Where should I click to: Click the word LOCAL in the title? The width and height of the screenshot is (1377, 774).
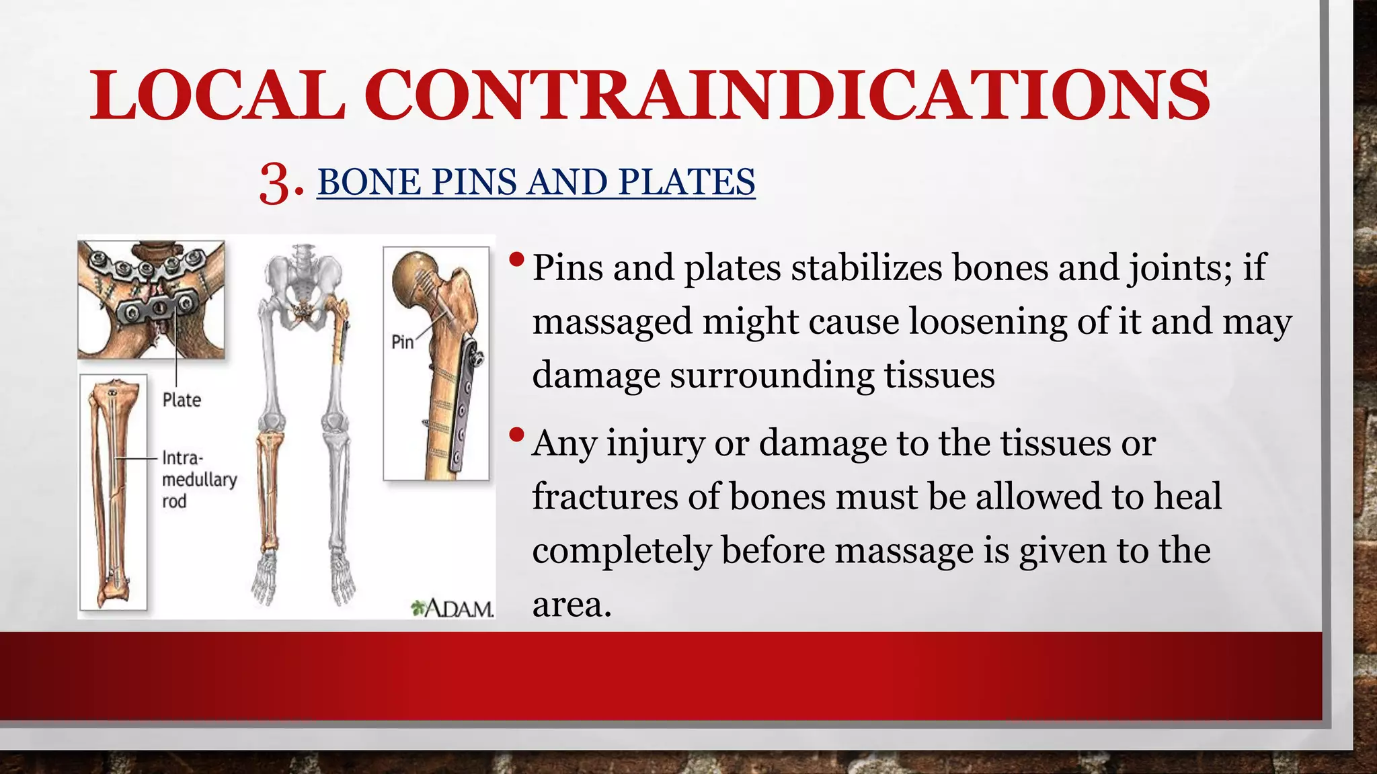click(217, 95)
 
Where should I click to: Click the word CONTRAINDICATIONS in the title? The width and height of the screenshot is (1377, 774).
click(788, 95)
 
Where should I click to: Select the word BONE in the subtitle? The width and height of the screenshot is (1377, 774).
click(368, 182)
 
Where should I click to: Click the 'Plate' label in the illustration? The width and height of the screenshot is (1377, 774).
click(182, 400)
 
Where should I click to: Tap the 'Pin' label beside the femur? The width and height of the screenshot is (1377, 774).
click(402, 342)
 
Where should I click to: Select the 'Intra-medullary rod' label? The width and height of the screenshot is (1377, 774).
click(199, 480)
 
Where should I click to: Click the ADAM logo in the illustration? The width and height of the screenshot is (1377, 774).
click(453, 609)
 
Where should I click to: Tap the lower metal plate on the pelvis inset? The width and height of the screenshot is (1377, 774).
click(156, 308)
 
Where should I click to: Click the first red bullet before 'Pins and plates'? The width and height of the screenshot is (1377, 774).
click(516, 259)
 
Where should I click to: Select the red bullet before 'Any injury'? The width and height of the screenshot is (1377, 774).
click(516, 435)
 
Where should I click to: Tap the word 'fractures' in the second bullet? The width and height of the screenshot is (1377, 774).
click(604, 497)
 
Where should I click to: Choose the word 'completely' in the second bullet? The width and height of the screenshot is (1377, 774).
click(621, 551)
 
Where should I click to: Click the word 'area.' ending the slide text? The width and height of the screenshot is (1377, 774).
click(572, 605)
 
